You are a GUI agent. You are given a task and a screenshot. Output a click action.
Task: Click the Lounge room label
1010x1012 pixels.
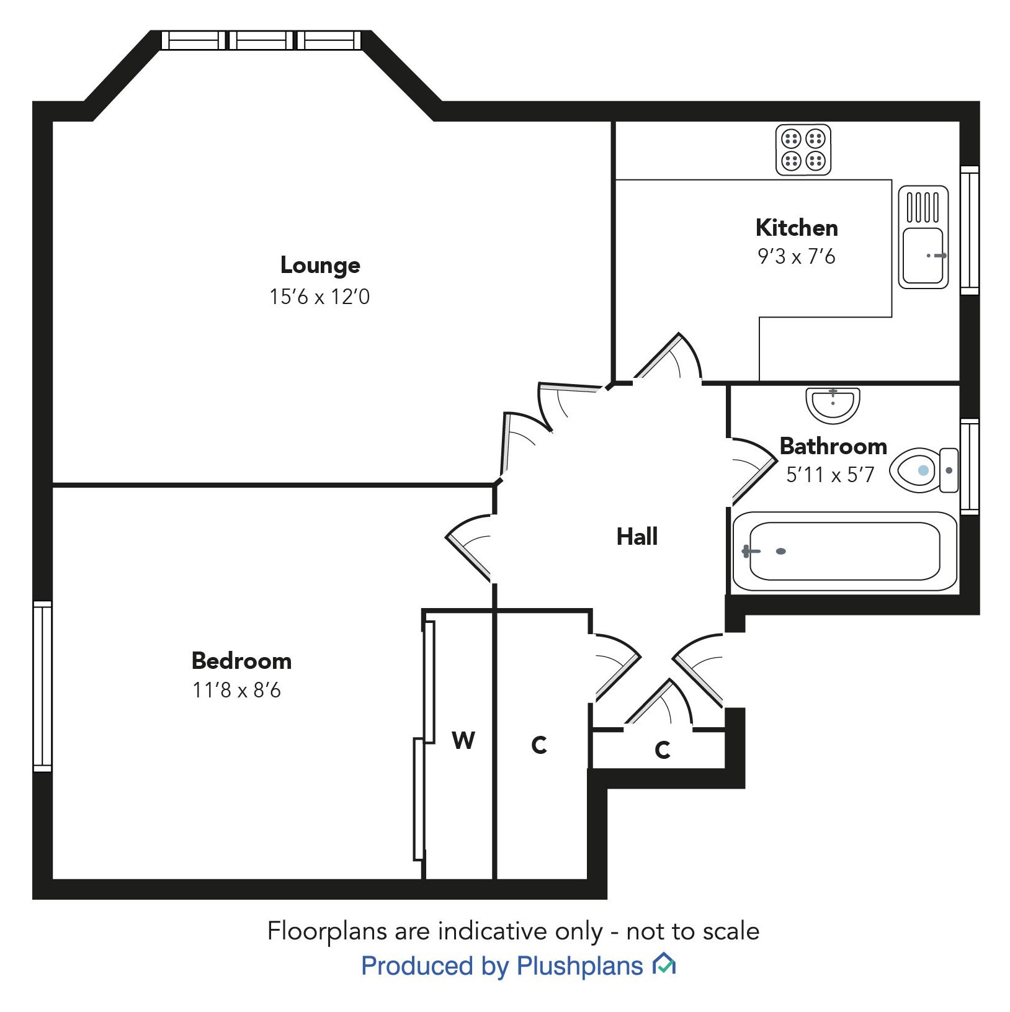320,266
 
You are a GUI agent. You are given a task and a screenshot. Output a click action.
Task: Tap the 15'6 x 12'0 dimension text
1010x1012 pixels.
320,297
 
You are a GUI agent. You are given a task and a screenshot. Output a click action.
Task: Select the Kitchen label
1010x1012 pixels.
797,228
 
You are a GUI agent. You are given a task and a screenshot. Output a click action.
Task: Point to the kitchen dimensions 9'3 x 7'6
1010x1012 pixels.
797,256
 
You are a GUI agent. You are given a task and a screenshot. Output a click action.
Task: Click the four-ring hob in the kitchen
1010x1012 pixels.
803,150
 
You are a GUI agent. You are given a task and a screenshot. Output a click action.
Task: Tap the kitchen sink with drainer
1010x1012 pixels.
923,237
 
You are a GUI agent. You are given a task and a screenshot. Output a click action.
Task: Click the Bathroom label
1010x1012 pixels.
833,446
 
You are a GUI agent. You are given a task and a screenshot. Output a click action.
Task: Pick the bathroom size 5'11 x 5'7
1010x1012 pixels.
830,475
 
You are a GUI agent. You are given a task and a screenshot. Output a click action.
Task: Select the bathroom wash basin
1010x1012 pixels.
833,405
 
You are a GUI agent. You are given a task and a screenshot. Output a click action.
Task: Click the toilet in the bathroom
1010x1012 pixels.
924,470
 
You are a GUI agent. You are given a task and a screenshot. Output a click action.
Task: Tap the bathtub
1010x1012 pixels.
845,551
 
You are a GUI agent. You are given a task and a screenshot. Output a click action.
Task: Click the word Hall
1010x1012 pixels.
637,537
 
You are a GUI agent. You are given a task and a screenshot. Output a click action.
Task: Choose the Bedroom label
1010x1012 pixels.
241,661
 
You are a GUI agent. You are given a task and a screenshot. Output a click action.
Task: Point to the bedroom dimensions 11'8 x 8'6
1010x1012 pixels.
236,690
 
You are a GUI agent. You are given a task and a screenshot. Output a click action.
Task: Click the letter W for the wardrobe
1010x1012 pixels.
463,740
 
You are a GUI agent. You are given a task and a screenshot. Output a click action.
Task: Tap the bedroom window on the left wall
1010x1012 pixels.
42,686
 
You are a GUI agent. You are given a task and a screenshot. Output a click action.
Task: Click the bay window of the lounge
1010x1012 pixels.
261,40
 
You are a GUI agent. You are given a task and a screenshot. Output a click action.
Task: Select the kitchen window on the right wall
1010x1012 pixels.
970,230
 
